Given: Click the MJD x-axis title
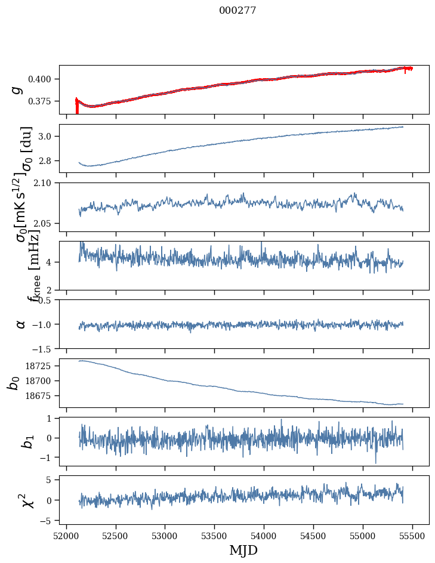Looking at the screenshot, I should point(243,550).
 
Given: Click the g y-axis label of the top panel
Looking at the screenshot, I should point(17,89).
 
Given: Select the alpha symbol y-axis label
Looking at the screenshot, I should point(21,324).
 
